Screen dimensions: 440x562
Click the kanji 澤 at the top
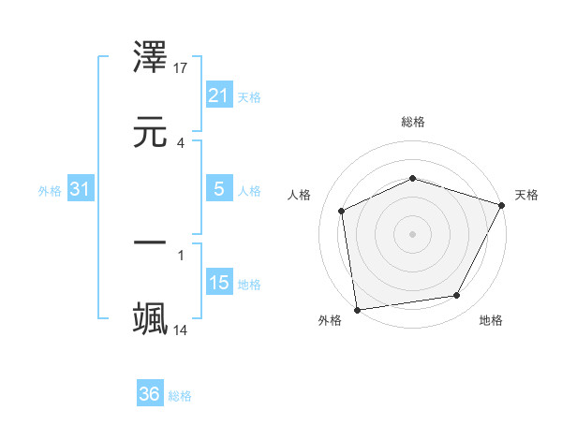pos(151,60)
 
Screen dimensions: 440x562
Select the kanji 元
pos(151,131)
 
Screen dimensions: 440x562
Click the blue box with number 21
pos(219,95)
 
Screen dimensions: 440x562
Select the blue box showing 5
pos(219,189)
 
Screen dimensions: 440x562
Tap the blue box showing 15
pos(219,283)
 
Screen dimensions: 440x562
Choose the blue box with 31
pos(81,189)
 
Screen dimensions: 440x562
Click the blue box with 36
pos(150,394)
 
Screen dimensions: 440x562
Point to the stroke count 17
pos(181,67)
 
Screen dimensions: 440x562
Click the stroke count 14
pos(181,330)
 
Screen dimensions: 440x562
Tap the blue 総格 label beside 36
pos(180,396)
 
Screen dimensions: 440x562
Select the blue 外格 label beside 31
pos(50,191)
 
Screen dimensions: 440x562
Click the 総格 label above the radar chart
pos(413,122)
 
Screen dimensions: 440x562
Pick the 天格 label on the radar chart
pos(527,195)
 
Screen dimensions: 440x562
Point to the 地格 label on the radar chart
pos(491,320)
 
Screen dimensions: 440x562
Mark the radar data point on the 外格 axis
pos(357,309)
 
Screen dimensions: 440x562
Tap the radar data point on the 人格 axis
pos(342,211)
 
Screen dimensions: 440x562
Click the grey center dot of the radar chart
pos(413,233)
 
